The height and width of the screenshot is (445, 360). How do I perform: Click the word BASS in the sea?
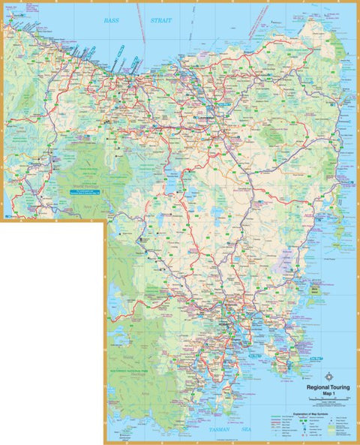coord(112,20)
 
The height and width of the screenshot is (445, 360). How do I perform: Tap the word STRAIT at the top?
coord(160,20)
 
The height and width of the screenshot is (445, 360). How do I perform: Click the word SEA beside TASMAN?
coord(245,430)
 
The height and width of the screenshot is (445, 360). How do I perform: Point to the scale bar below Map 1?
coord(327,403)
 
